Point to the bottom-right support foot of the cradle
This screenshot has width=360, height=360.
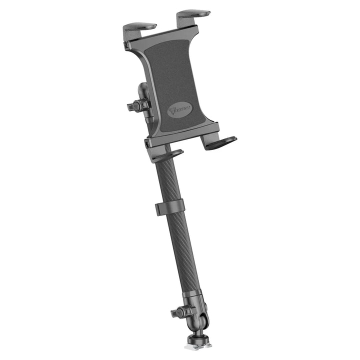(220, 143)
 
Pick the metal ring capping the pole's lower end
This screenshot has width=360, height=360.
(192, 295)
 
